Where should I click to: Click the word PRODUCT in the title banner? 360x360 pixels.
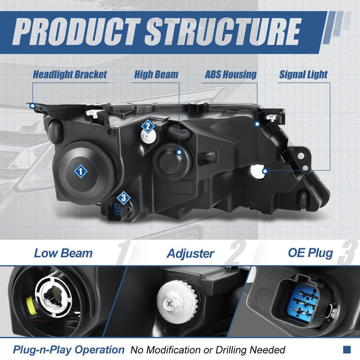[x=77, y=32]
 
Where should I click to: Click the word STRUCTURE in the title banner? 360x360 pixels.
[x=223, y=32]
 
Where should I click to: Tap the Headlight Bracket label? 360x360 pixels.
[x=70, y=75]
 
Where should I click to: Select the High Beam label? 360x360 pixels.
[x=156, y=75]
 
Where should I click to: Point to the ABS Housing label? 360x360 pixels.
[x=230, y=75]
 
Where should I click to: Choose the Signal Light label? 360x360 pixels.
[x=303, y=75]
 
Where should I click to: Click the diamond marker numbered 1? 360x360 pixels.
[x=80, y=171]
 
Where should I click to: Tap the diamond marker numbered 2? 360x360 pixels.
[x=148, y=127]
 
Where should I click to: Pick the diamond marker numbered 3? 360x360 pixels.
[x=123, y=198]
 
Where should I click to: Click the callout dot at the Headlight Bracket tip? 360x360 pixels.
[x=32, y=106]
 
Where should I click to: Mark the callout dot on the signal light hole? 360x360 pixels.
[x=265, y=171]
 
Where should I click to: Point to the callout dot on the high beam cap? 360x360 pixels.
[x=179, y=152]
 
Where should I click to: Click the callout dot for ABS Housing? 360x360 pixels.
[x=257, y=124]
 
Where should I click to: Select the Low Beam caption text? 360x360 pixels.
[x=64, y=253]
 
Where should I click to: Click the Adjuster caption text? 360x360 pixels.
[x=191, y=254]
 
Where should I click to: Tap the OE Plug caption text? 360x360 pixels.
[x=310, y=253]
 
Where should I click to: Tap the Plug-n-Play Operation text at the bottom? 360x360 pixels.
[x=69, y=349]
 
